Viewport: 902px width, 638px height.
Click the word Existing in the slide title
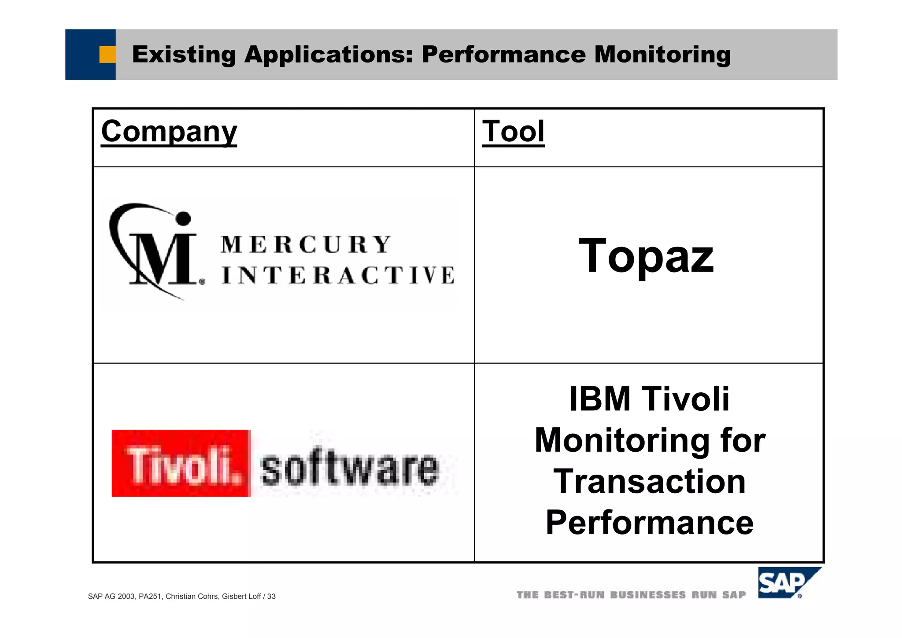184,55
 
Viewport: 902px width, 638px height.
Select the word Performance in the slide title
503,55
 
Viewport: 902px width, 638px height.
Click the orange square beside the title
107,55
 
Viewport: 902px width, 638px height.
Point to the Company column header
169,131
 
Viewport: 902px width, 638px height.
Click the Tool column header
513,131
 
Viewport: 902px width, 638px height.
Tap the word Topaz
646,256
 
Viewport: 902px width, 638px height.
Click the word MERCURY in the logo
306,245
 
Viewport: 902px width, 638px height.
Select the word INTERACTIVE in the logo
338,275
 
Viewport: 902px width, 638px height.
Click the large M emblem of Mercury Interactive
161,255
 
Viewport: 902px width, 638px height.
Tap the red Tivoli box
181,463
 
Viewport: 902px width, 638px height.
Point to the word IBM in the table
599,399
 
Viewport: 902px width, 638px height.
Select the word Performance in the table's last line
650,523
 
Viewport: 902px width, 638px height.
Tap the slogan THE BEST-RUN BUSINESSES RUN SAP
631,595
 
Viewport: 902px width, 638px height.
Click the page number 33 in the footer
271,597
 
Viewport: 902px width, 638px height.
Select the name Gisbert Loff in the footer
241,597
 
